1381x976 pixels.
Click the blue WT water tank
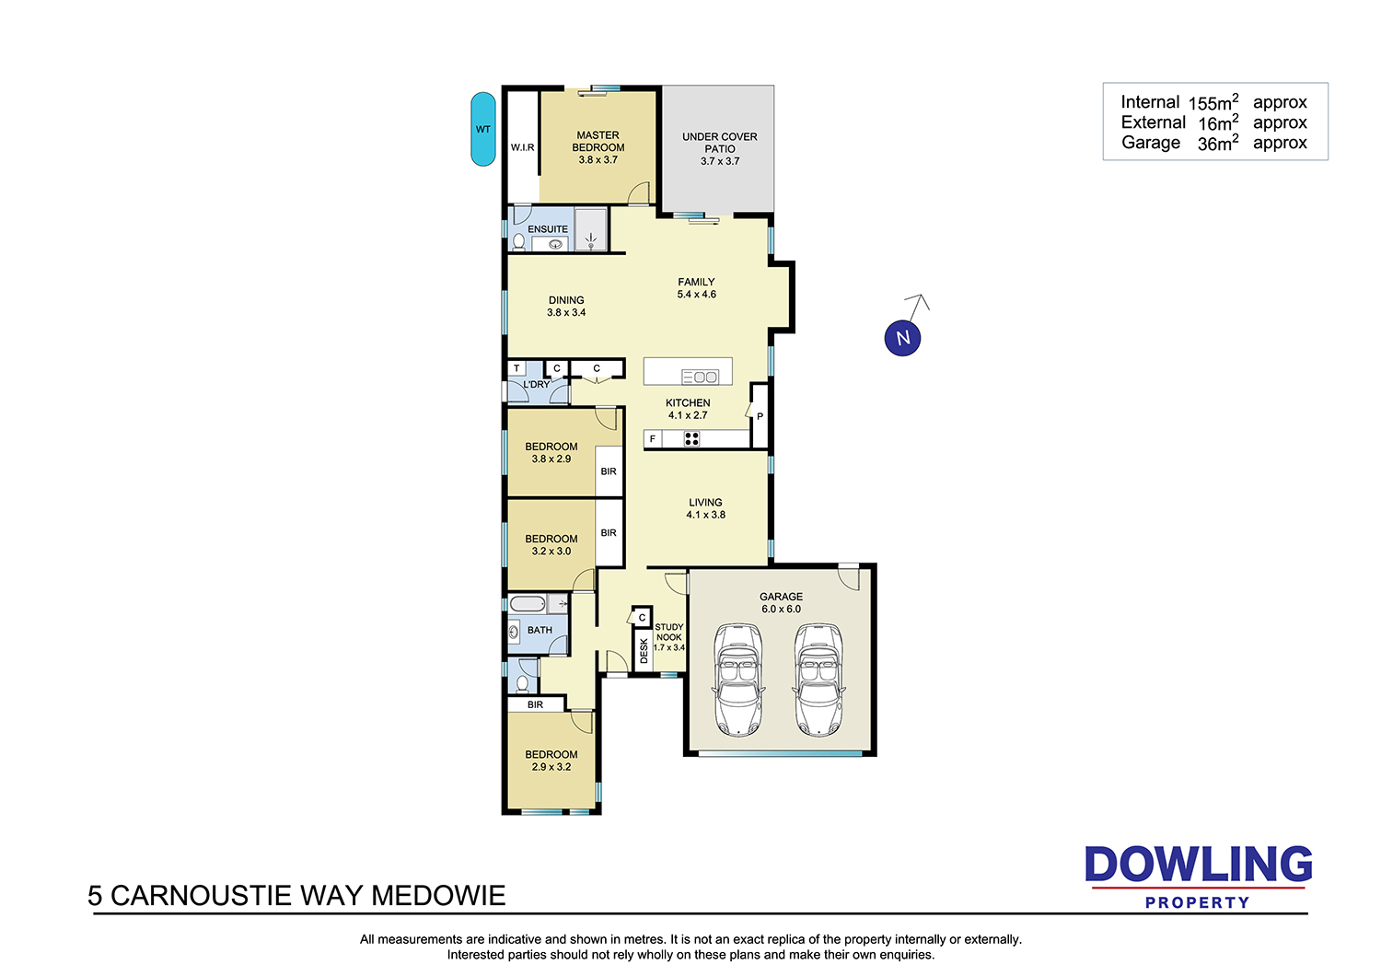[x=482, y=129]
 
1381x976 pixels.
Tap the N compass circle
[x=902, y=338]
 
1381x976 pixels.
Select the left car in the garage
[x=737, y=680]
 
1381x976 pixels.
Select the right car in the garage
[x=818, y=680]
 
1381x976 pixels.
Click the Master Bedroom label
[x=598, y=141]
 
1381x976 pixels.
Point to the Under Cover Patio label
[x=719, y=143]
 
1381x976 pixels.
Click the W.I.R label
[x=522, y=147]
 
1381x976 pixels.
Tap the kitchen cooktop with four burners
[x=691, y=439]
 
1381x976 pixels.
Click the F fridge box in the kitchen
[x=653, y=439]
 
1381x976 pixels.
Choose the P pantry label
[x=760, y=416]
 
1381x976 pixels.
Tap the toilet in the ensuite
[x=518, y=242]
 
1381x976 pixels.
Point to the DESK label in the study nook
[x=644, y=651]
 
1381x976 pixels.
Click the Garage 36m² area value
[x=1218, y=144]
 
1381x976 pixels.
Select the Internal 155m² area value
[x=1213, y=102]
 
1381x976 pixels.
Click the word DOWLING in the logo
[x=1198, y=864]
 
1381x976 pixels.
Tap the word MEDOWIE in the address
[x=438, y=896]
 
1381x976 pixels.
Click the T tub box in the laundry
[x=516, y=368]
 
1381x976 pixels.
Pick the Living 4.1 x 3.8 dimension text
[x=705, y=515]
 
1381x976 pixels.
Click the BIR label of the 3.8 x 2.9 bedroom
[x=609, y=471]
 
